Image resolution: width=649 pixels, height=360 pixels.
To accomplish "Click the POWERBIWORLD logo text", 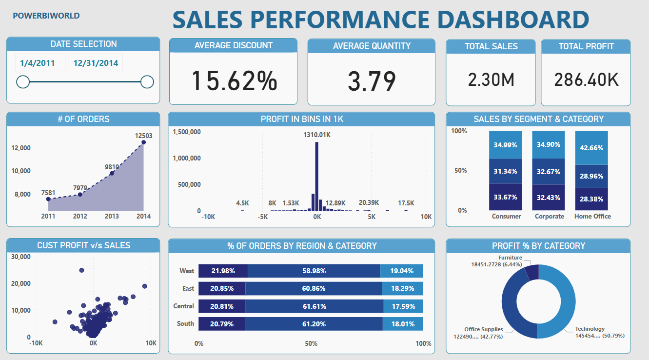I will tap(46, 16).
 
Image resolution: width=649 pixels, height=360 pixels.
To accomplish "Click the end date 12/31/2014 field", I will tap(96, 63).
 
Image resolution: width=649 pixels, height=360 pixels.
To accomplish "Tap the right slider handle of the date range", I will tap(147, 82).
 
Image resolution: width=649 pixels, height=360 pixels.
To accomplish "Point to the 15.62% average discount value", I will tap(234, 80).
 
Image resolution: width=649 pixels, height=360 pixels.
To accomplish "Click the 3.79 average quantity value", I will tap(372, 81).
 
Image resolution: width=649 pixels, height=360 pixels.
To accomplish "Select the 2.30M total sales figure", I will tap(491, 80).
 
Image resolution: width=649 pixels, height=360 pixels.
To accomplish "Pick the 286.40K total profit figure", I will tap(586, 80).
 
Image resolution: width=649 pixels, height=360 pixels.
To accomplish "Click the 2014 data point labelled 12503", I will tap(143, 142).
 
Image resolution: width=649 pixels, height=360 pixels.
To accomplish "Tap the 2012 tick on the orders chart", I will tap(79, 216).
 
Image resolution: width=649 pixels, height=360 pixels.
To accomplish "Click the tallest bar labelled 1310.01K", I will tap(316, 176).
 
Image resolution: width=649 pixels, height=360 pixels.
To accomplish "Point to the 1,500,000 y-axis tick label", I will tap(187, 132).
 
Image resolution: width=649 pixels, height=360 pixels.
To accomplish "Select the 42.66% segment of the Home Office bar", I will tap(591, 148).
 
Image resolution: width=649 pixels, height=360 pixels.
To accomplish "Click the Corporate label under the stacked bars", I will tap(549, 216).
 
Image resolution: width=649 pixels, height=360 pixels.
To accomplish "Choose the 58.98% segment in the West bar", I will tap(314, 271).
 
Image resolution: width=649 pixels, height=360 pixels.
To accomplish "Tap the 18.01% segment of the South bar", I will tap(402, 323).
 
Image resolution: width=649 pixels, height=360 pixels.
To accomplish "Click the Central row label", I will tap(183, 306).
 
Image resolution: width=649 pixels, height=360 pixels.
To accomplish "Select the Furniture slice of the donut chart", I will tap(532, 272).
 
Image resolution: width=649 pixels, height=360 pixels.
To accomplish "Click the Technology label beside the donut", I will tap(590, 329).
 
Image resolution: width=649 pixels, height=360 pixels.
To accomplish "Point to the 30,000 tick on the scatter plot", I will tap(21, 257).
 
